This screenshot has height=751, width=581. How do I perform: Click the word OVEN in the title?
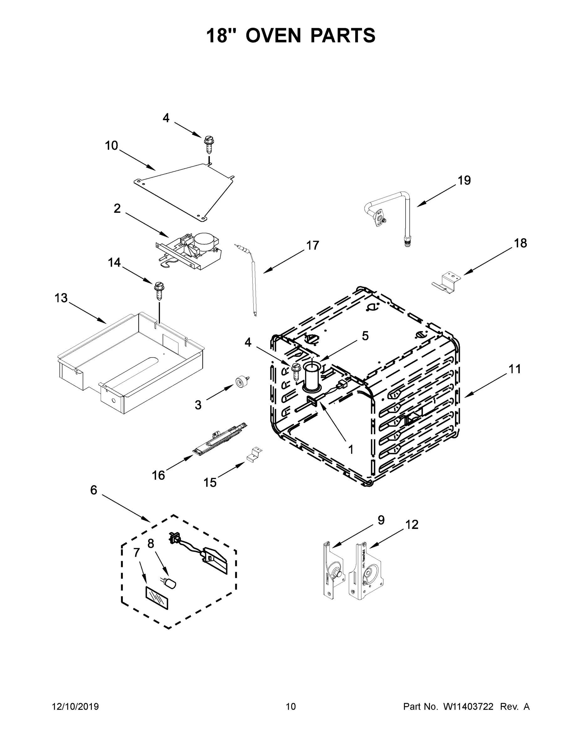point(273,35)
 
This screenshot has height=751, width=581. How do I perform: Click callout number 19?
point(464,180)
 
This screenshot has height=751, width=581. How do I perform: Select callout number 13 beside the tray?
point(61,298)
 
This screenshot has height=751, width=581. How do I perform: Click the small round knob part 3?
point(241,382)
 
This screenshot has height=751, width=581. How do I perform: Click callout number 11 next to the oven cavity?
point(515,369)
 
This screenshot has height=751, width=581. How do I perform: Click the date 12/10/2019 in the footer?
point(75,707)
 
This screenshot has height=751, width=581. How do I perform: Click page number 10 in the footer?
point(291,707)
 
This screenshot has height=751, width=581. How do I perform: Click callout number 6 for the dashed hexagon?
point(94,490)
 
